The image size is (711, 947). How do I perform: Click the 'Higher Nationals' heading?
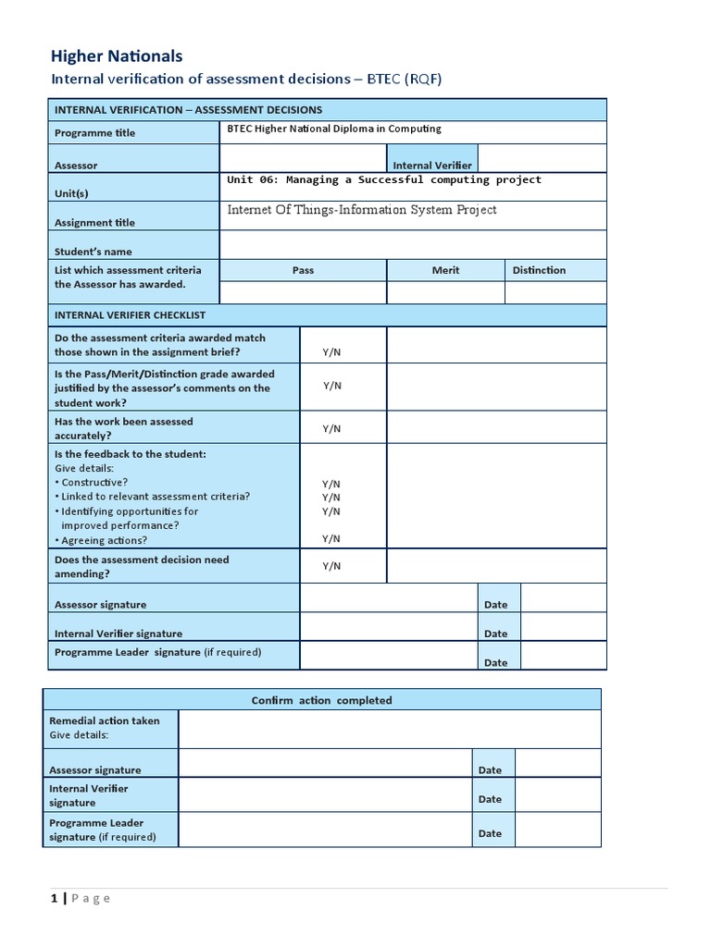(117, 56)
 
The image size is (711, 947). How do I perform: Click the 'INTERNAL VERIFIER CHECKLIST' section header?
(130, 315)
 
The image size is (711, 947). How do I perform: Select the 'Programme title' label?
(94, 133)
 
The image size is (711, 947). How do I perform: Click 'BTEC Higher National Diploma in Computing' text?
(334, 129)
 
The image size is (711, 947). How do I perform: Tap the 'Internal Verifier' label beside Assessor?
(432, 166)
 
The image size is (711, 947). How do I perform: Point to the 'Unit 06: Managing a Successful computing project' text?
(384, 180)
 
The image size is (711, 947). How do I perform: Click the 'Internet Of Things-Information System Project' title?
(362, 210)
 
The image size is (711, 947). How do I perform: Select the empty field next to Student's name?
(412, 245)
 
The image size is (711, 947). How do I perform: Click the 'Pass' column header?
(303, 270)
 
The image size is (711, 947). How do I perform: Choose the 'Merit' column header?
(445, 270)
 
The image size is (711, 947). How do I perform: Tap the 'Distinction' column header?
(539, 270)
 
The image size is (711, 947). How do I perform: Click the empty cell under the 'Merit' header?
(445, 293)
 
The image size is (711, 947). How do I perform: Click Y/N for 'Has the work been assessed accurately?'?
(331, 429)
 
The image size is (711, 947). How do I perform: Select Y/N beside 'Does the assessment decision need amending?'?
(331, 566)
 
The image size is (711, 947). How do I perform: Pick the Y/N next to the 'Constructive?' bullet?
(331, 484)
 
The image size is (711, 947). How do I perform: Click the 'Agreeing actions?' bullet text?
(104, 540)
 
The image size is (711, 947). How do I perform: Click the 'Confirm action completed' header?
(321, 700)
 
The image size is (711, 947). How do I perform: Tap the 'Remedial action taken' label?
(104, 720)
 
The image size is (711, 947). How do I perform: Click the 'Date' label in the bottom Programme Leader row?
(490, 833)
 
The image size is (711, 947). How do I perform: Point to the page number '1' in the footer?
(54, 898)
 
